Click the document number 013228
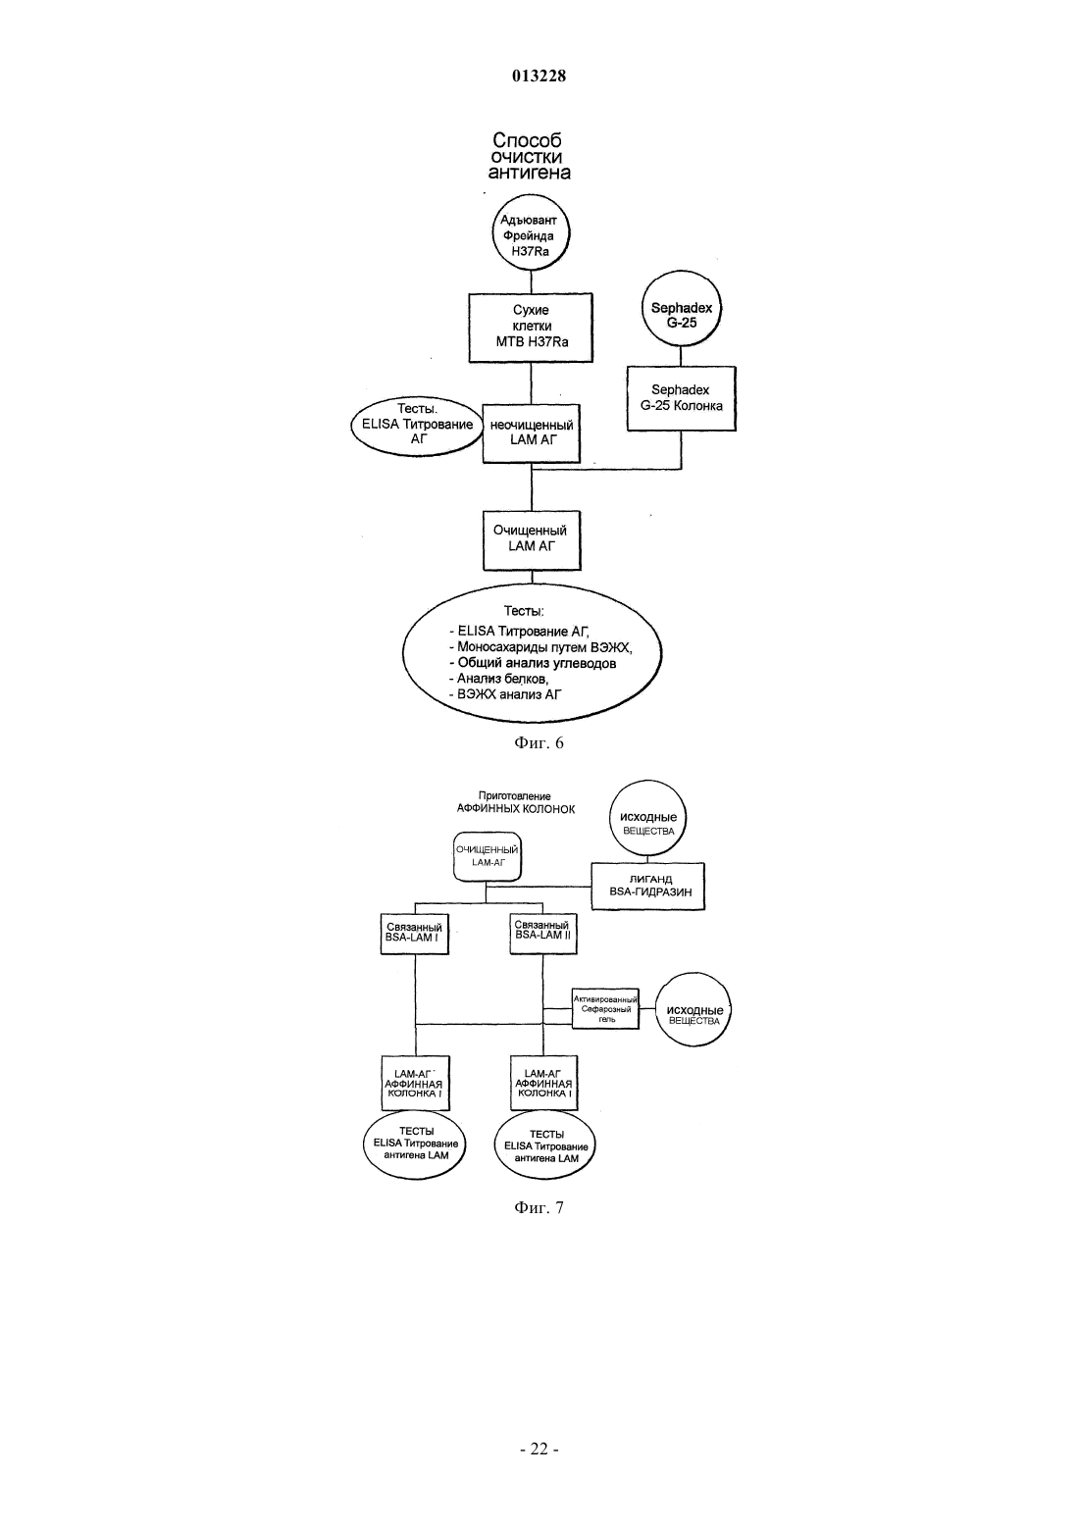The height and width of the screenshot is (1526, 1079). (x=539, y=76)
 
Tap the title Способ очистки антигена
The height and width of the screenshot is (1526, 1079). (x=530, y=156)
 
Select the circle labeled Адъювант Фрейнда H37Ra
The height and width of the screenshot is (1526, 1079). (x=531, y=232)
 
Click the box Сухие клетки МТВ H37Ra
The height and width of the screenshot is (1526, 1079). (x=531, y=328)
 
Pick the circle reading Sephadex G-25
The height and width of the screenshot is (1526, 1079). (x=681, y=309)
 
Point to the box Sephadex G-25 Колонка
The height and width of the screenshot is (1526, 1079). (x=681, y=398)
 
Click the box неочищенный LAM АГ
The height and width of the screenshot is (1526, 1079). (x=532, y=433)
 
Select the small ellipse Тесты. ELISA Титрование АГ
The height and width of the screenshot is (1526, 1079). (x=418, y=425)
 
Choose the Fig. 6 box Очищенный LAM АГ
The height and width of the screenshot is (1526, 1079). (x=532, y=540)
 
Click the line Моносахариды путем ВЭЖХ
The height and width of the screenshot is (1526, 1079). (x=540, y=647)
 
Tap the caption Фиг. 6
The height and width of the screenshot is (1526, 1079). (x=539, y=743)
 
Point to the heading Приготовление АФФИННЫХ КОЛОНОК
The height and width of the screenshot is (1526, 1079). (x=516, y=802)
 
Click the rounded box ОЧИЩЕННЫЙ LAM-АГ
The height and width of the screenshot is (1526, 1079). (x=488, y=856)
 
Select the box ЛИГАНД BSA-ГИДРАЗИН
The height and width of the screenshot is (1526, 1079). (x=647, y=887)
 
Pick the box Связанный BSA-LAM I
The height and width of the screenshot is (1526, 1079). (x=414, y=934)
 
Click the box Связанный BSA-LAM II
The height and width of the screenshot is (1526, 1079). (x=542, y=933)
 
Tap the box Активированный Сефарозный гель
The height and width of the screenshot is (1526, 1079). (x=605, y=1009)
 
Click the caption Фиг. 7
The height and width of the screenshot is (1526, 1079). (x=539, y=1208)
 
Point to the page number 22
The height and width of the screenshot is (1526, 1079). (x=539, y=1450)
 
